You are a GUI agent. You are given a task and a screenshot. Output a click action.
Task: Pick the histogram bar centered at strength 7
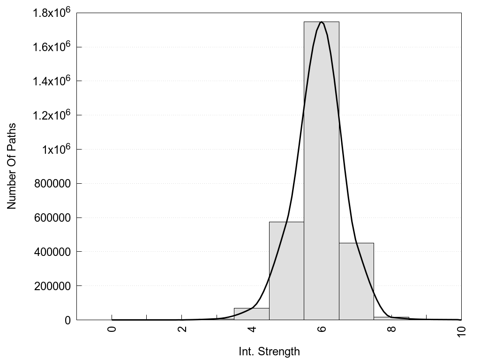[x=356, y=281]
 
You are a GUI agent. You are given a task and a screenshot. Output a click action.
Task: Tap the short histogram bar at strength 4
[x=251, y=314]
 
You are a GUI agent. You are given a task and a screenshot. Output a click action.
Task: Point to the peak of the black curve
[x=321, y=22]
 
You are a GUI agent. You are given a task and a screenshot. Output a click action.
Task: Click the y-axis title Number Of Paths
[x=12, y=166]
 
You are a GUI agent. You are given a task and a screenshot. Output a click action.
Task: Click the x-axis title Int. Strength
[x=269, y=351]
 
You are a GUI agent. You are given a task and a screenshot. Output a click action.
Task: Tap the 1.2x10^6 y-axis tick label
[x=52, y=114]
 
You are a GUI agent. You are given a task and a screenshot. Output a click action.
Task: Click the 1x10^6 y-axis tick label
[x=56, y=149]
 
